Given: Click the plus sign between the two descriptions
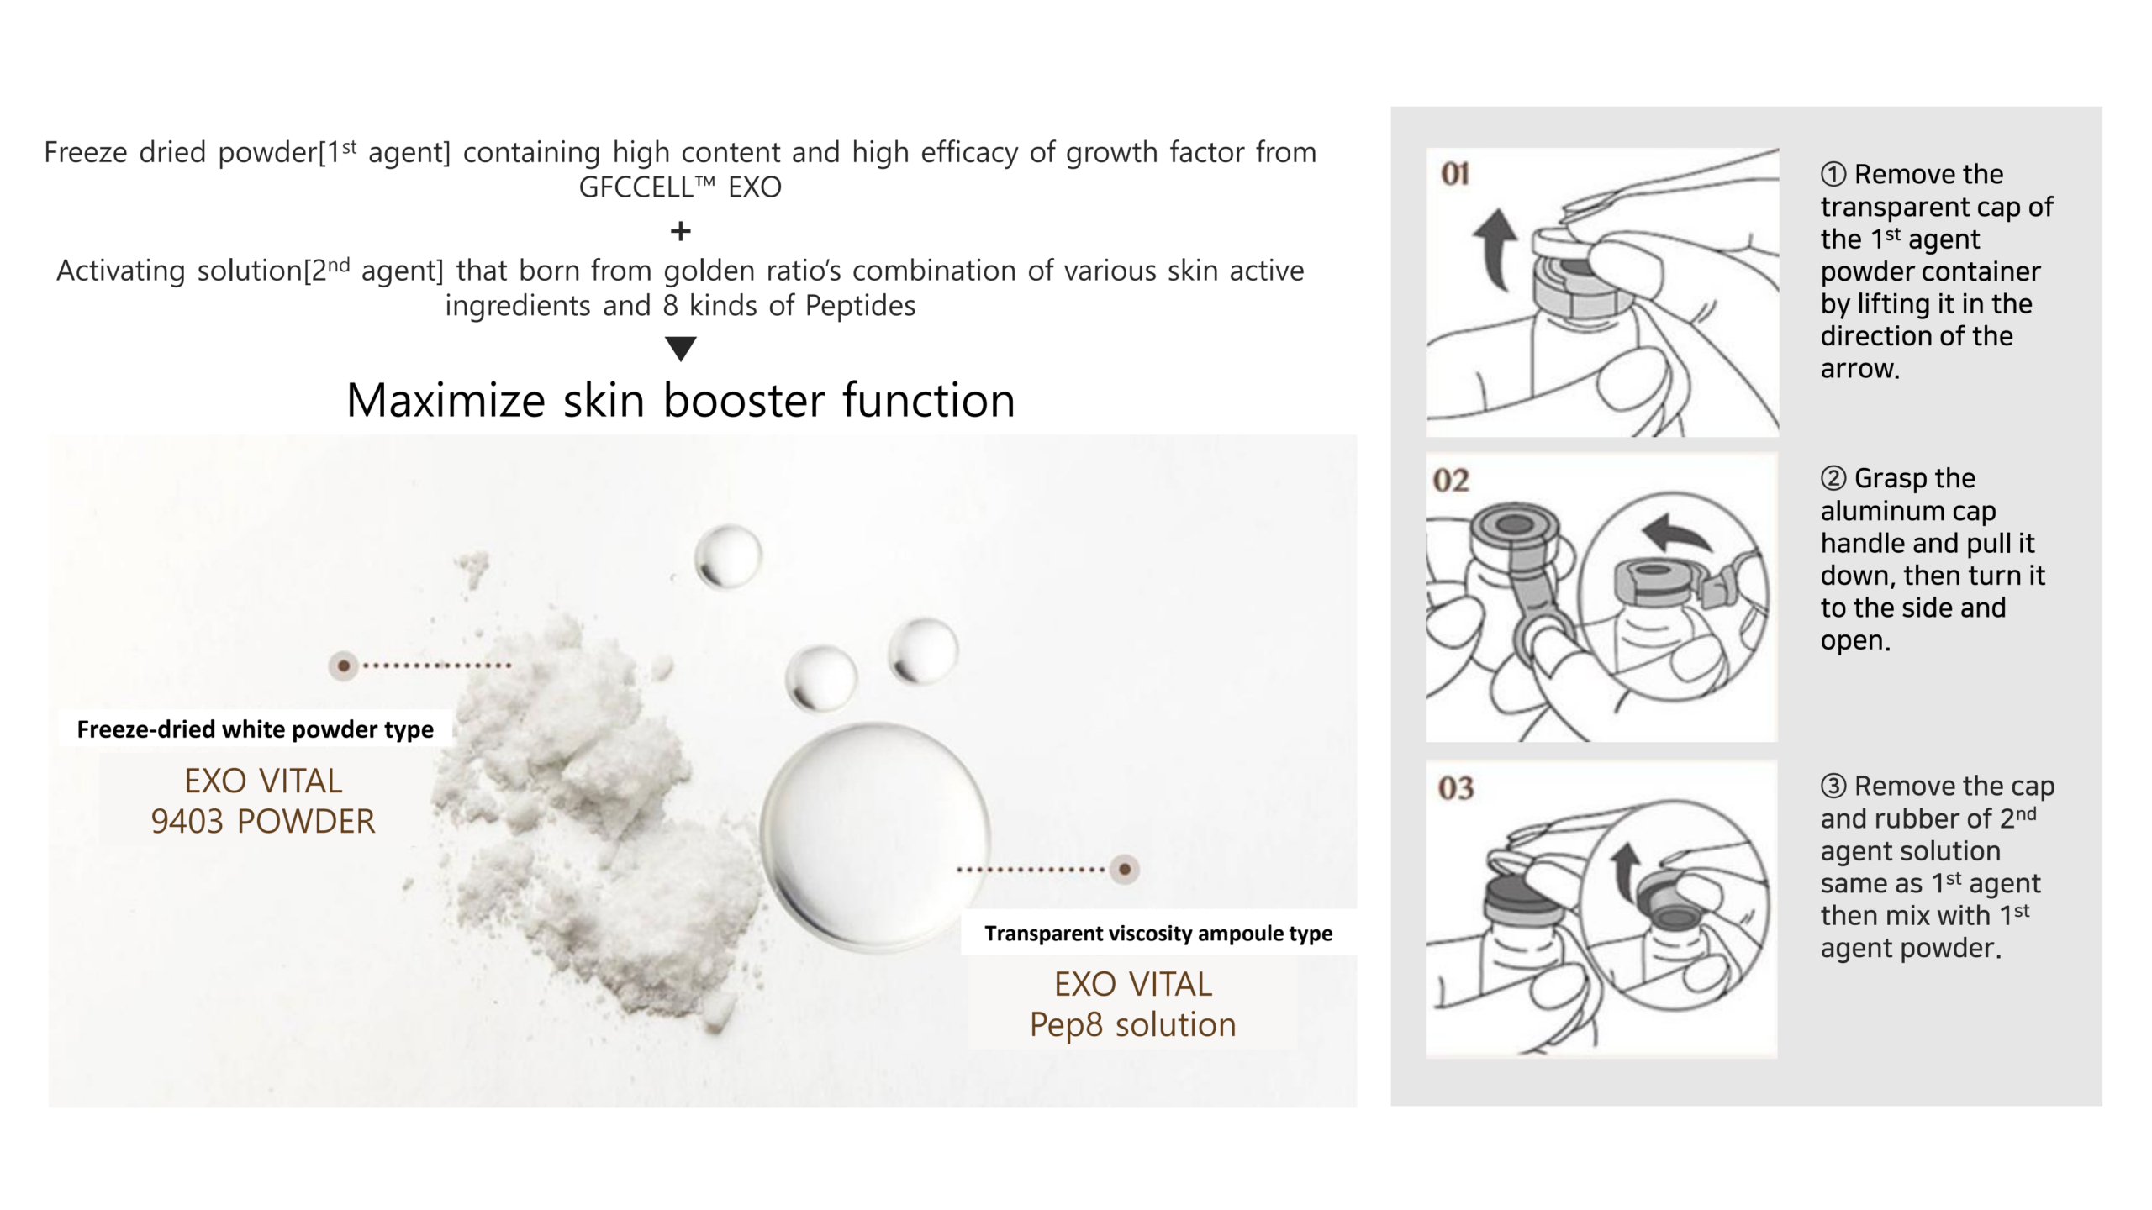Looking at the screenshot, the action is click(x=680, y=231).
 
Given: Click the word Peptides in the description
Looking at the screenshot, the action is click(x=859, y=306).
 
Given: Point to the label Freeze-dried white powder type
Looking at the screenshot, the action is click(x=255, y=729).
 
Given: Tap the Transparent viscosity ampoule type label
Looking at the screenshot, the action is click(x=1158, y=934).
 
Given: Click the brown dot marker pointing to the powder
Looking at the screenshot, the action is click(x=343, y=665).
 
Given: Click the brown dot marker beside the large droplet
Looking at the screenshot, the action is click(x=1125, y=869).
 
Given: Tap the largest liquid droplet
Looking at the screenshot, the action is click(x=875, y=837).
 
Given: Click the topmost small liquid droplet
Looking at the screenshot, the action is click(x=728, y=556).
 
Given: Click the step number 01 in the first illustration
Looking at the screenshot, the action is click(x=1455, y=174).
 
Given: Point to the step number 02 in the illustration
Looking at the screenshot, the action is click(x=1452, y=481).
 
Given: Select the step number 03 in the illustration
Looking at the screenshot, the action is click(x=1455, y=788).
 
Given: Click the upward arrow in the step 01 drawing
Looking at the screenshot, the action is click(x=1495, y=250).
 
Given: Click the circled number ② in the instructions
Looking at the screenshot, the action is click(x=1833, y=478).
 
